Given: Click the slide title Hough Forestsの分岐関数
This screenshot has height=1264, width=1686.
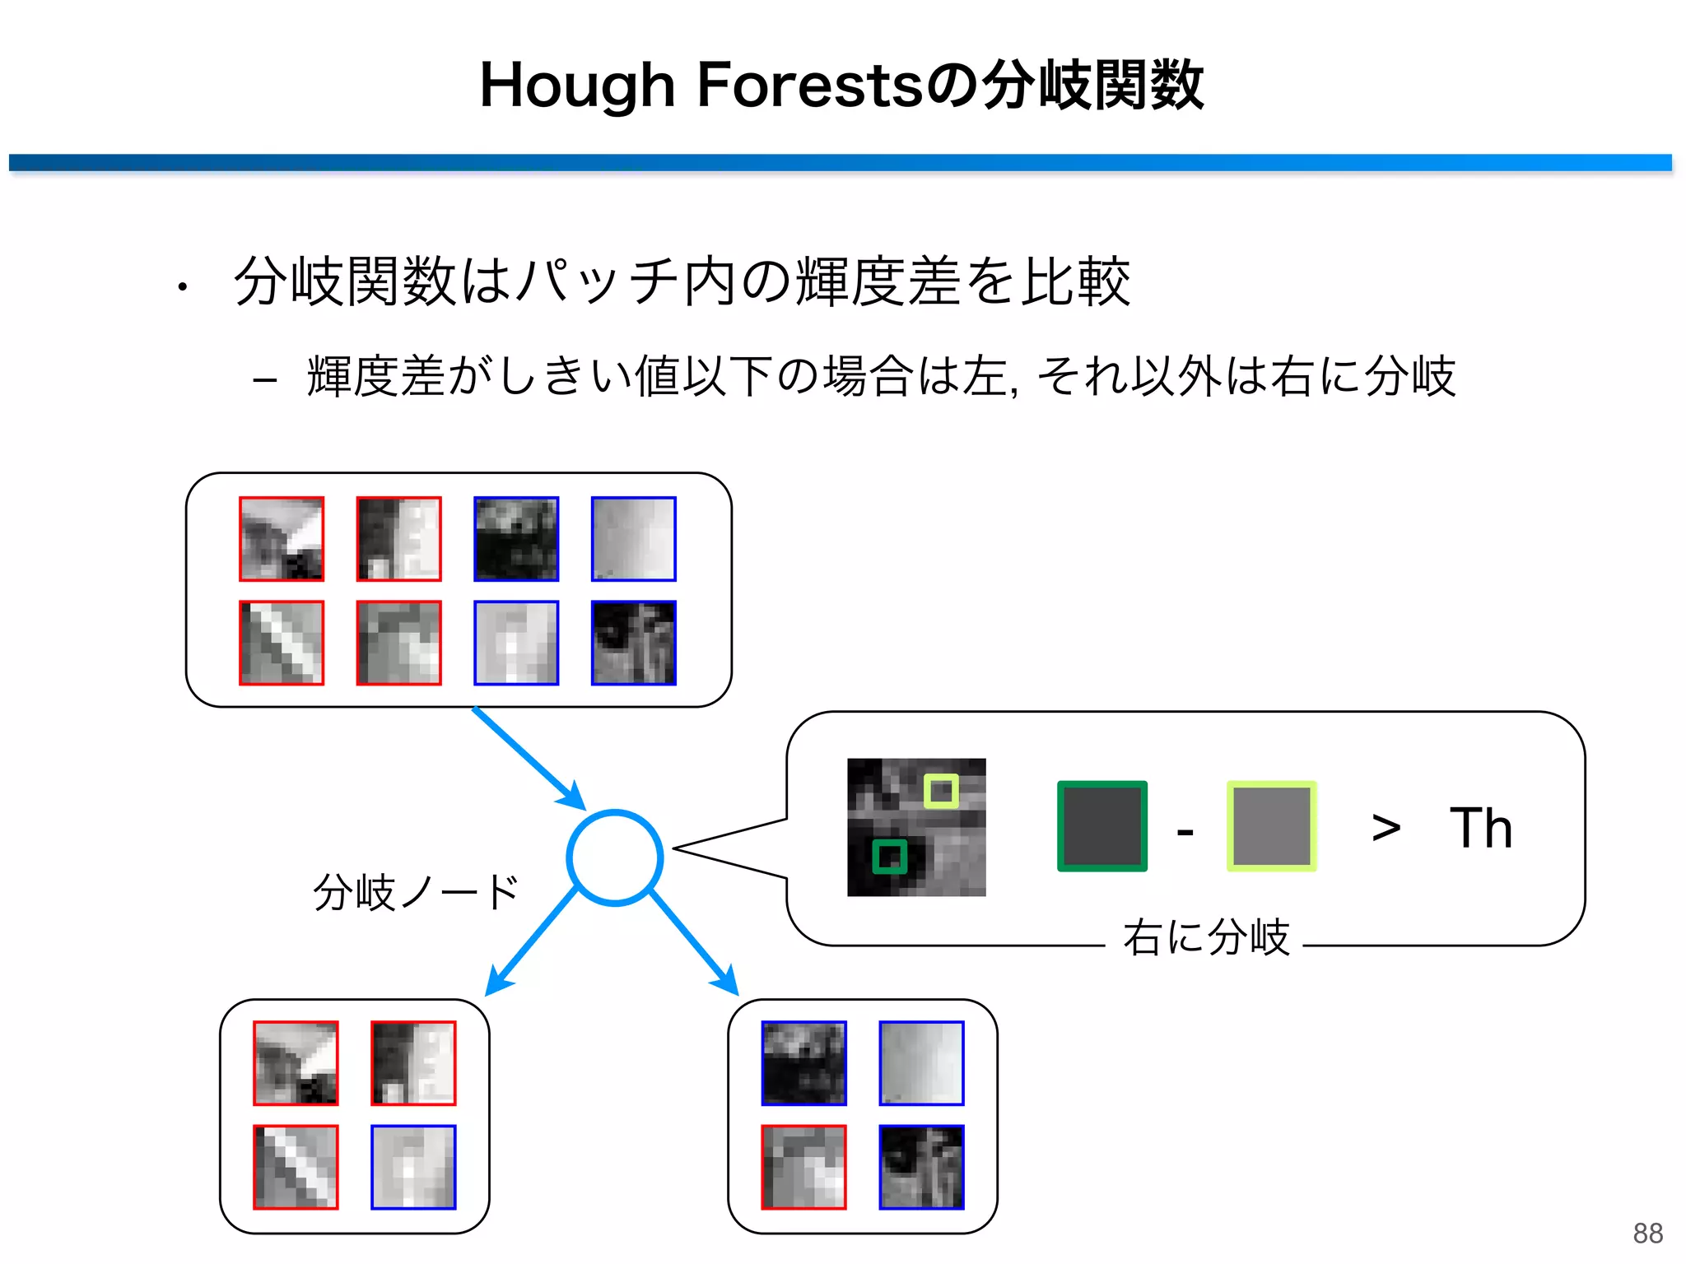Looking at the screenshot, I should click(841, 85).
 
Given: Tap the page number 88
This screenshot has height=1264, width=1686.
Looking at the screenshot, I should click(1648, 1234).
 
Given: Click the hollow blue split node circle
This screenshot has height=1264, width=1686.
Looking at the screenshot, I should click(614, 858).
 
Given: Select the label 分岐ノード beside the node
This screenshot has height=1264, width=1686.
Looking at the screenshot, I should click(416, 892).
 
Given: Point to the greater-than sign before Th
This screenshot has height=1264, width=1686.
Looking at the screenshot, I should click(1386, 827).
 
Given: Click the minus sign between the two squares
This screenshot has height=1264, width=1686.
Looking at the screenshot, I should click(1185, 833).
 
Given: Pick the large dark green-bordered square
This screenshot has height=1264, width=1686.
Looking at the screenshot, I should click(1102, 826).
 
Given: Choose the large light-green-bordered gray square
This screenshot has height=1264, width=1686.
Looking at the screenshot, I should click(1272, 826).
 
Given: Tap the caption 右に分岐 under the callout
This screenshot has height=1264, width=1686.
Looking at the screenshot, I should click(1206, 937).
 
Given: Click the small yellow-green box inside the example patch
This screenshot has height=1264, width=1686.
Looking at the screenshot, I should click(941, 792).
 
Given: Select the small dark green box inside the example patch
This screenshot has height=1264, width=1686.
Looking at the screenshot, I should click(889, 857).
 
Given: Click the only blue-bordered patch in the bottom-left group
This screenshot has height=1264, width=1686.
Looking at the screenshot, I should click(413, 1167).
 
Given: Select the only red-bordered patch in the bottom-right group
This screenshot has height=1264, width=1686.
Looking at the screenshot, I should click(803, 1167).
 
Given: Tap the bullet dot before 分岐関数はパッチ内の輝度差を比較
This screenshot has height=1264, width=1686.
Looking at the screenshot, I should click(182, 287).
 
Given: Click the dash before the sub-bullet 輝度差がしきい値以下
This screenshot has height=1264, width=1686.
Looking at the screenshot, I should click(264, 380).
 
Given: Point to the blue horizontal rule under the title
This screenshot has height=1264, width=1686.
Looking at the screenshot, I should click(840, 163).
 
